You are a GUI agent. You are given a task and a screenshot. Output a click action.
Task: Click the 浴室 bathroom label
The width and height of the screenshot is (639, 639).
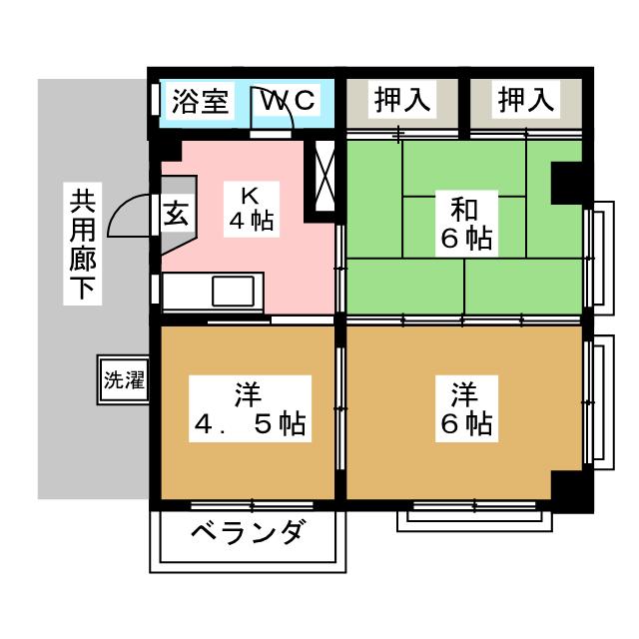(200, 101)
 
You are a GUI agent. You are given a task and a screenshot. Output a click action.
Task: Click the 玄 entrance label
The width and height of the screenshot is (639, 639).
(176, 214)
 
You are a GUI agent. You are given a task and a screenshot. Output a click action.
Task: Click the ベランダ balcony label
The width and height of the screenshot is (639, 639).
(246, 533)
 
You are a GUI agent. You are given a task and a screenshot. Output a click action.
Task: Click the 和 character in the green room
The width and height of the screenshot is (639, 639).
(464, 211)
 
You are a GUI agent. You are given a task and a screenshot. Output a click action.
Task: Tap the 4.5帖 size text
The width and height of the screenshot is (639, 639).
(249, 424)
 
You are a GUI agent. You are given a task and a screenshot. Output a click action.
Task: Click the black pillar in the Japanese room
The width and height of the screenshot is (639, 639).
(568, 183)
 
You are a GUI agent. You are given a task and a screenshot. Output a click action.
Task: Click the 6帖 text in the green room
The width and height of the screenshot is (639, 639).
(465, 240)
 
